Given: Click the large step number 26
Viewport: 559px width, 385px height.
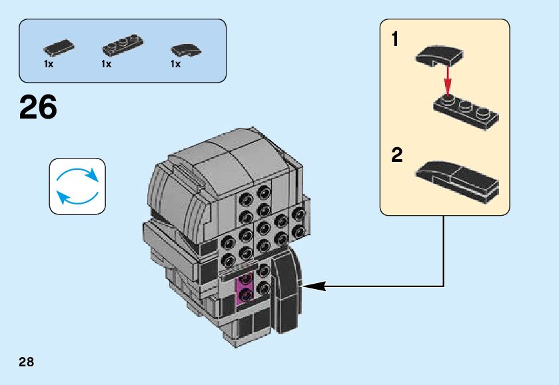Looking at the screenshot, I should [38, 107].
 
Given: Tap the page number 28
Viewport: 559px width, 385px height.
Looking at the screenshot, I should [26, 362].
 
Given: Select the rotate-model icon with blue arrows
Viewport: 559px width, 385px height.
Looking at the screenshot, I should [77, 187].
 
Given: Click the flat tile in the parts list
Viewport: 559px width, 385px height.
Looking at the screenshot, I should [59, 47].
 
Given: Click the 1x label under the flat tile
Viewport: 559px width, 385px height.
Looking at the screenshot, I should [49, 65].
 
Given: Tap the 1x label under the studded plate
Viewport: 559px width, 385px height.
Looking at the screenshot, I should [107, 65].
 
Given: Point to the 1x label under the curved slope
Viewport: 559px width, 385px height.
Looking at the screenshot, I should [176, 65].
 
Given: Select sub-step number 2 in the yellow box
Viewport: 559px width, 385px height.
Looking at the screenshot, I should [396, 156].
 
